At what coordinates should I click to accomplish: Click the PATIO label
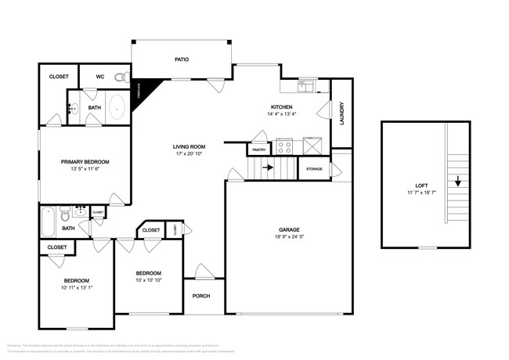pyautogui.click(x=181, y=59)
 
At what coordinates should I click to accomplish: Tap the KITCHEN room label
pyautogui.click(x=282, y=106)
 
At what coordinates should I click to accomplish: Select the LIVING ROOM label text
pyautogui.click(x=189, y=146)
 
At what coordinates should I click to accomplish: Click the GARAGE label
pyautogui.click(x=288, y=230)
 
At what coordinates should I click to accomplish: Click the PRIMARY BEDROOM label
pyautogui.click(x=85, y=162)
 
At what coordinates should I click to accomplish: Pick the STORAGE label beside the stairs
pyautogui.click(x=314, y=168)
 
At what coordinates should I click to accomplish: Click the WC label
pyautogui.click(x=100, y=77)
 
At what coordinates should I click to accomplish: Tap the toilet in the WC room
pyautogui.click(x=120, y=77)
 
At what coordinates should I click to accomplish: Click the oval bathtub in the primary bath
pyautogui.click(x=117, y=108)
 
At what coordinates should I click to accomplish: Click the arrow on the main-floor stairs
pyautogui.click(x=268, y=167)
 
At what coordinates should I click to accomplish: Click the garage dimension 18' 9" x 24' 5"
pyautogui.click(x=288, y=237)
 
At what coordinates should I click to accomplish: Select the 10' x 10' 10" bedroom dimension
pyautogui.click(x=148, y=279)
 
